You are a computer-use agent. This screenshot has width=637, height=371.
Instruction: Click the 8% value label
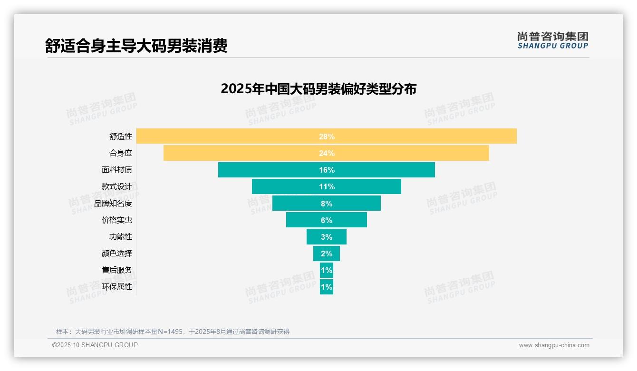pyautogui.click(x=327, y=204)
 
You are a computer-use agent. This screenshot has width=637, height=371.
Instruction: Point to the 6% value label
pyautogui.click(x=327, y=220)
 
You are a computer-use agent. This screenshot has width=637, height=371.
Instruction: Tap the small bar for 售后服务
pyautogui.click(x=327, y=270)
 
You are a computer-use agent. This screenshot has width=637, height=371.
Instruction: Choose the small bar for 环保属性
pyautogui.click(x=327, y=287)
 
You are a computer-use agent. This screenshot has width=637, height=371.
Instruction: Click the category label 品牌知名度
pyautogui.click(x=113, y=204)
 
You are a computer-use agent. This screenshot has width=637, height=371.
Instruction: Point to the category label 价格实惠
pyautogui.click(x=117, y=220)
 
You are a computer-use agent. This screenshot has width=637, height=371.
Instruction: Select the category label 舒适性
pyautogui.click(x=121, y=137)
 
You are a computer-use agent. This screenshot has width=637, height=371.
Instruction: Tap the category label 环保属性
pyautogui.click(x=117, y=287)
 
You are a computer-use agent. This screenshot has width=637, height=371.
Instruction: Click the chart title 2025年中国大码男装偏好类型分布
pyautogui.click(x=318, y=89)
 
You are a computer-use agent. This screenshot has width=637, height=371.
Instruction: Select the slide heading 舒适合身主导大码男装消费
pyautogui.click(x=136, y=46)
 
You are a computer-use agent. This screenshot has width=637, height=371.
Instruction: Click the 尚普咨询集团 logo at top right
pyautogui.click(x=552, y=40)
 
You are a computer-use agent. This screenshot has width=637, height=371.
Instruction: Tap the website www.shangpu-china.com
pyautogui.click(x=554, y=345)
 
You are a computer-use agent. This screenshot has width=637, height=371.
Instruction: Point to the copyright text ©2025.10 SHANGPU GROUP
pyautogui.click(x=95, y=345)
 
